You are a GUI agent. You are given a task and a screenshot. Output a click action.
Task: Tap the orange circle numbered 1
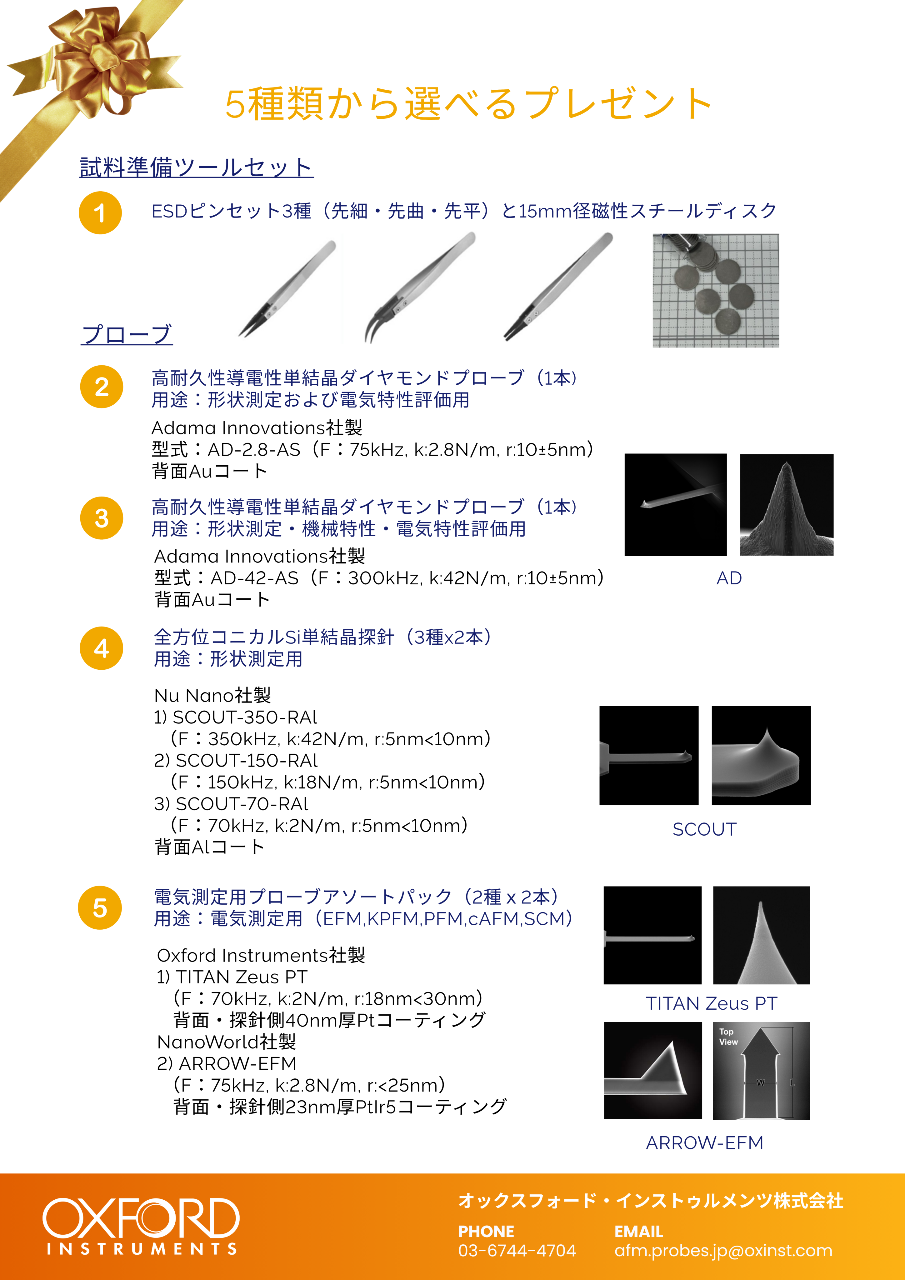100,212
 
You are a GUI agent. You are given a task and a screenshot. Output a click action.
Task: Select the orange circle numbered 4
102,648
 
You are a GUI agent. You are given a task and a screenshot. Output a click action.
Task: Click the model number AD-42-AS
254,578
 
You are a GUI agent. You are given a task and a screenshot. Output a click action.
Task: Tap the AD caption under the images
729,578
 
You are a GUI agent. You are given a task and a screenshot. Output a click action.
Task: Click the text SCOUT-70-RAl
242,804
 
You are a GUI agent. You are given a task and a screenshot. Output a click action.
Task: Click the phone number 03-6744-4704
517,1250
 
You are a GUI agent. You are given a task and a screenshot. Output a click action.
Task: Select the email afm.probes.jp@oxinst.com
723,1250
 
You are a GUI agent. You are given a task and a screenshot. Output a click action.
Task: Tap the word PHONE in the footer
486,1232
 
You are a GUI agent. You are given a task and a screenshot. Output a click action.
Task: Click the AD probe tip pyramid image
786,504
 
